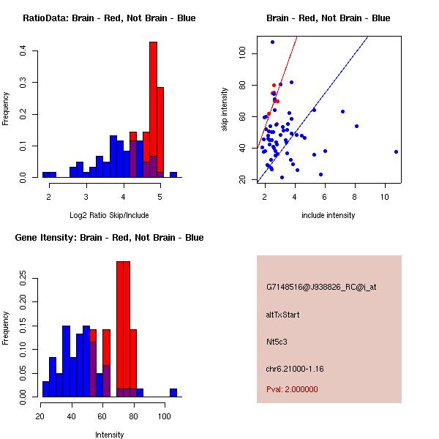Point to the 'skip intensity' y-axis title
[225, 110]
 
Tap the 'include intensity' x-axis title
[329, 215]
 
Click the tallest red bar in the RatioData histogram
[153, 110]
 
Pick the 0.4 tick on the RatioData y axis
[24, 50]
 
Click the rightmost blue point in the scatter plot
[396, 151]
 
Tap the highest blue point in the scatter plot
[272, 42]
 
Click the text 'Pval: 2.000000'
[292, 389]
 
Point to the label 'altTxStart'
[283, 315]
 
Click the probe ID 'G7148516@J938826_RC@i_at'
[321, 288]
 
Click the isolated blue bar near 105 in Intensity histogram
[173, 392]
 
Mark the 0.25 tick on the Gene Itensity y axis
[24, 278]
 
